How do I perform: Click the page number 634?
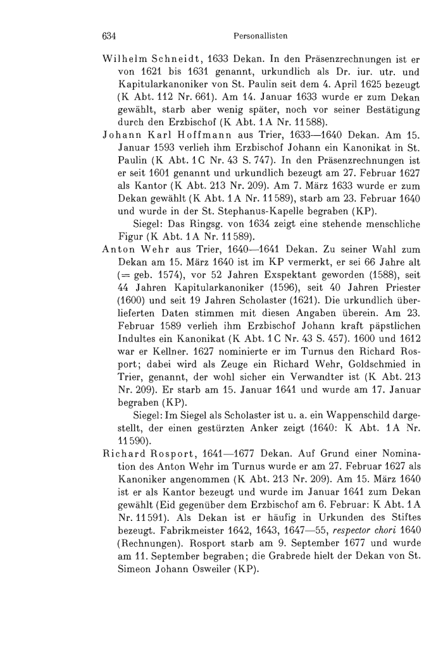(111, 36)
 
